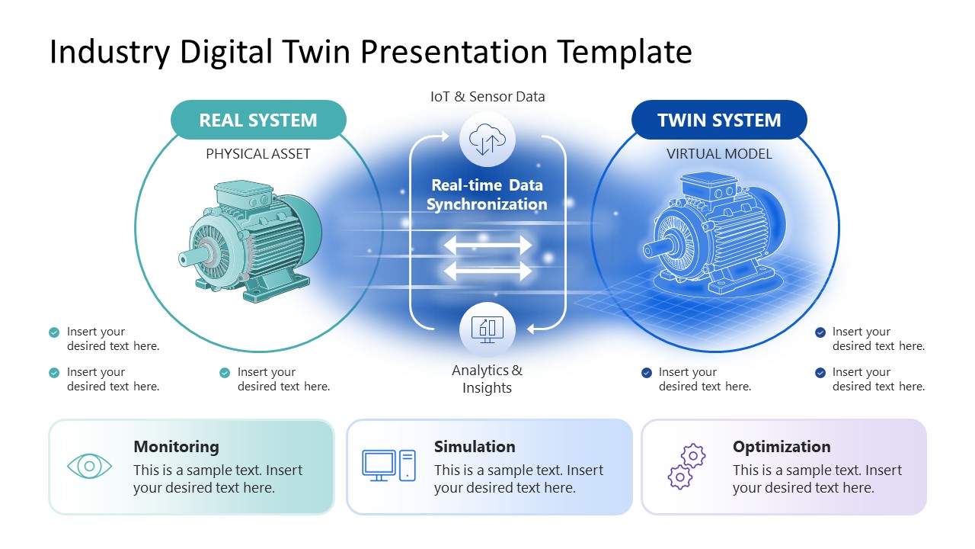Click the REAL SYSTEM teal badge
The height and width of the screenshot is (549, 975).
258,120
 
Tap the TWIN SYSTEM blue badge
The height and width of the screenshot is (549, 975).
719,120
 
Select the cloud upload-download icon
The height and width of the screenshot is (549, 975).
487,140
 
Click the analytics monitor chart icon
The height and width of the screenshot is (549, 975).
487,329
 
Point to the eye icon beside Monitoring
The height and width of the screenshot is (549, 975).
89,466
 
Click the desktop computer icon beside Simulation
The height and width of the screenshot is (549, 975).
388,465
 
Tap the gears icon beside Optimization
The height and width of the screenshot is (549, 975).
686,467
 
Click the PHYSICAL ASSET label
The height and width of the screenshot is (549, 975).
258,154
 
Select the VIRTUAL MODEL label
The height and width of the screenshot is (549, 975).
719,154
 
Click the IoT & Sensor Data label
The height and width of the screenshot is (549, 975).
487,97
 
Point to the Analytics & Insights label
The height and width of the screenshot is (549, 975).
487,379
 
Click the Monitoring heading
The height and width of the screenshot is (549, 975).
176,447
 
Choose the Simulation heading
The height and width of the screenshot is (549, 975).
475,447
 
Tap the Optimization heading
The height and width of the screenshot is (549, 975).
782,447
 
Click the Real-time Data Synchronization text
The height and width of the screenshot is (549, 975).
487,194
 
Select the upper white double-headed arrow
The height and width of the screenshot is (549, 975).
487,246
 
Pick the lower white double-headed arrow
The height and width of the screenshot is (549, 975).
487,271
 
